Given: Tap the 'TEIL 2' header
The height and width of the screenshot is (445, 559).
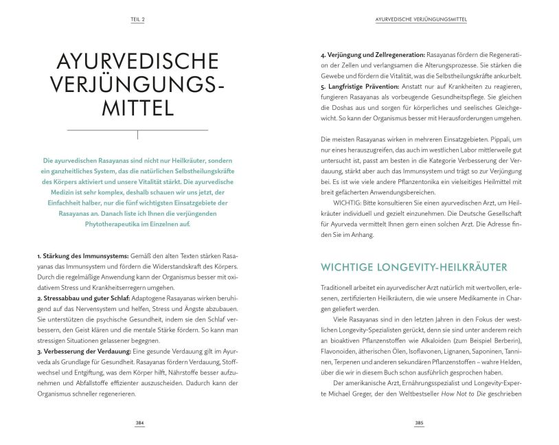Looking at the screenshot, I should point(138,20).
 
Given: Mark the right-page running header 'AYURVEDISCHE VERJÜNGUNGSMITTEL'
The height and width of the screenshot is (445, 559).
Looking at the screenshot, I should point(418,20).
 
